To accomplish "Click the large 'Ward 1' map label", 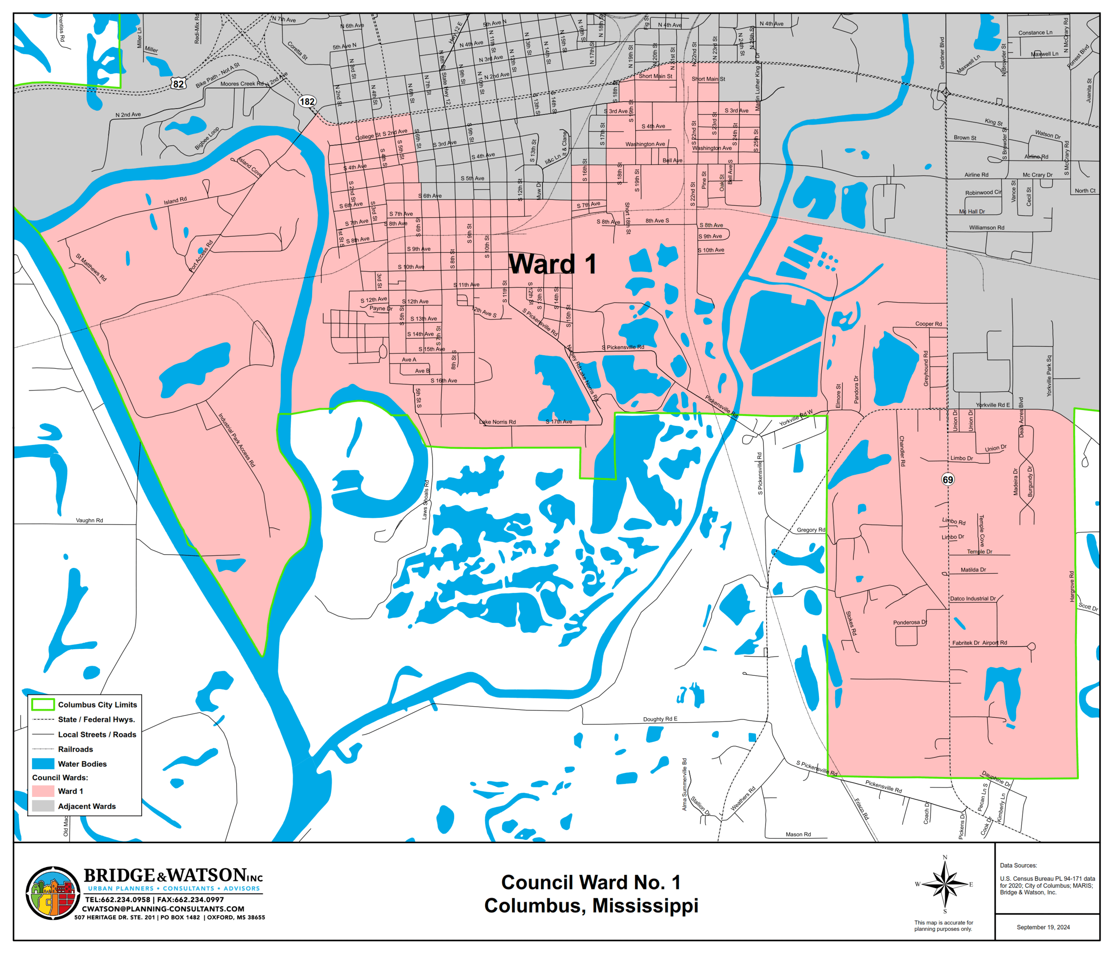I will [552, 264].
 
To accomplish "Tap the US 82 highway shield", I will [179, 84].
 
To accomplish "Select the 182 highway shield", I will [307, 101].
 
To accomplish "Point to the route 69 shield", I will [948, 480].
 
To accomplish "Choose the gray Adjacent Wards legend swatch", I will [43, 806].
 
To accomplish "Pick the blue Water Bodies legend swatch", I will [43, 764].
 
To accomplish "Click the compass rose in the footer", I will [945, 884].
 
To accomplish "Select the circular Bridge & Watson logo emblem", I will [53, 893].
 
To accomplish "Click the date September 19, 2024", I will [1043, 927].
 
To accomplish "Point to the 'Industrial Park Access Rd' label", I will [236, 440].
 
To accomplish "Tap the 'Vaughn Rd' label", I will [89, 520].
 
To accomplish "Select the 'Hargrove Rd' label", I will [1071, 586].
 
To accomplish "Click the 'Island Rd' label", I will [175, 201].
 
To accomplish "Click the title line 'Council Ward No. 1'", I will [591, 883].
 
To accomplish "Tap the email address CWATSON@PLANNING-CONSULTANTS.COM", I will [163, 909].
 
